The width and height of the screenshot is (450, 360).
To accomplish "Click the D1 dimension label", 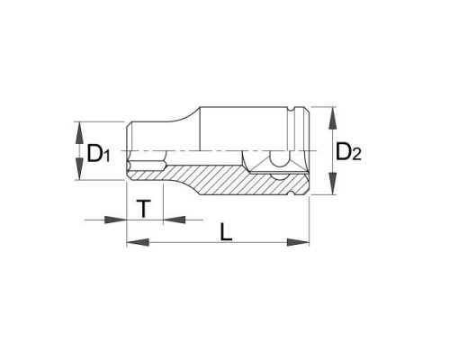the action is pos(98,154).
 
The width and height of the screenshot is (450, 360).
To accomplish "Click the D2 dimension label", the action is pos(348,152).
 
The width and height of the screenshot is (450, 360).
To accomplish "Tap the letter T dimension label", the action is pos(144,209).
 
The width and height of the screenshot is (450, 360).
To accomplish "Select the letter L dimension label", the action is pos(226,232).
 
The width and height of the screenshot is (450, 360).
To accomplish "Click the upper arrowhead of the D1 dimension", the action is pos(79,133).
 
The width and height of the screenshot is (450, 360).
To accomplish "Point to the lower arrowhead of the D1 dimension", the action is pos(79,169).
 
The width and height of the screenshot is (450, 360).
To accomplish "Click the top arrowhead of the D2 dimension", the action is pos(332,118).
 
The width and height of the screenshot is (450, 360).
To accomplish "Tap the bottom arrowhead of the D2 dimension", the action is pos(332,183).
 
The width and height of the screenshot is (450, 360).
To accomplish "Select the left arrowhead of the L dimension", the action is pos(138,242).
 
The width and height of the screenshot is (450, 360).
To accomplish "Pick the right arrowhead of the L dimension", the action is pos(298,242).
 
